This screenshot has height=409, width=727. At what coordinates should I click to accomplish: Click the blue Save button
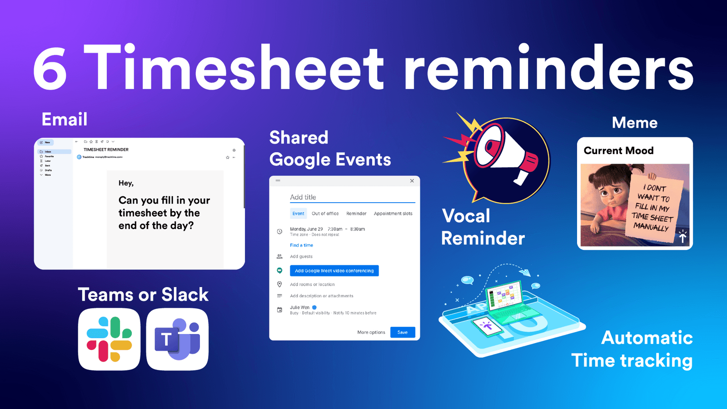pyautogui.click(x=403, y=332)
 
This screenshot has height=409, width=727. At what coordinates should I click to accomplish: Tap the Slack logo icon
pyautogui.click(x=109, y=339)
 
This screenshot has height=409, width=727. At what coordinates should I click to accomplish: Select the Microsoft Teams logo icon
pyautogui.click(x=177, y=339)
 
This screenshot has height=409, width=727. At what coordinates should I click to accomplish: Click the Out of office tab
pyautogui.click(x=325, y=214)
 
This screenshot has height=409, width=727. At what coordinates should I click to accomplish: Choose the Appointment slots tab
pyautogui.click(x=393, y=214)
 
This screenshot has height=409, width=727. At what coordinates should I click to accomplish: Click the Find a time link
pyautogui.click(x=301, y=245)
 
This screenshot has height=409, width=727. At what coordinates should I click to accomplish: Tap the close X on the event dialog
pyautogui.click(x=412, y=181)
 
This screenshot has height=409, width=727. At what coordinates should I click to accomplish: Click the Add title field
pyautogui.click(x=352, y=197)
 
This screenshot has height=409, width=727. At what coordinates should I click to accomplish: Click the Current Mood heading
pyautogui.click(x=618, y=150)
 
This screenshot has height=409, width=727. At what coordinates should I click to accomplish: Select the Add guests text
pyautogui.click(x=301, y=257)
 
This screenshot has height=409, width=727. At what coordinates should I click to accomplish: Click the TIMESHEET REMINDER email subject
pyautogui.click(x=106, y=150)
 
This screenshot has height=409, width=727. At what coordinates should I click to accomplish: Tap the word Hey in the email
pyautogui.click(x=125, y=183)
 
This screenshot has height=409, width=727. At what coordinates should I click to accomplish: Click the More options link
pyautogui.click(x=371, y=332)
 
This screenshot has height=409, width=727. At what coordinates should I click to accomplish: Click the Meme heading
pyautogui.click(x=634, y=123)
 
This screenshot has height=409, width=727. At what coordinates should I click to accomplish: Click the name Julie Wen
pyautogui.click(x=299, y=308)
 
